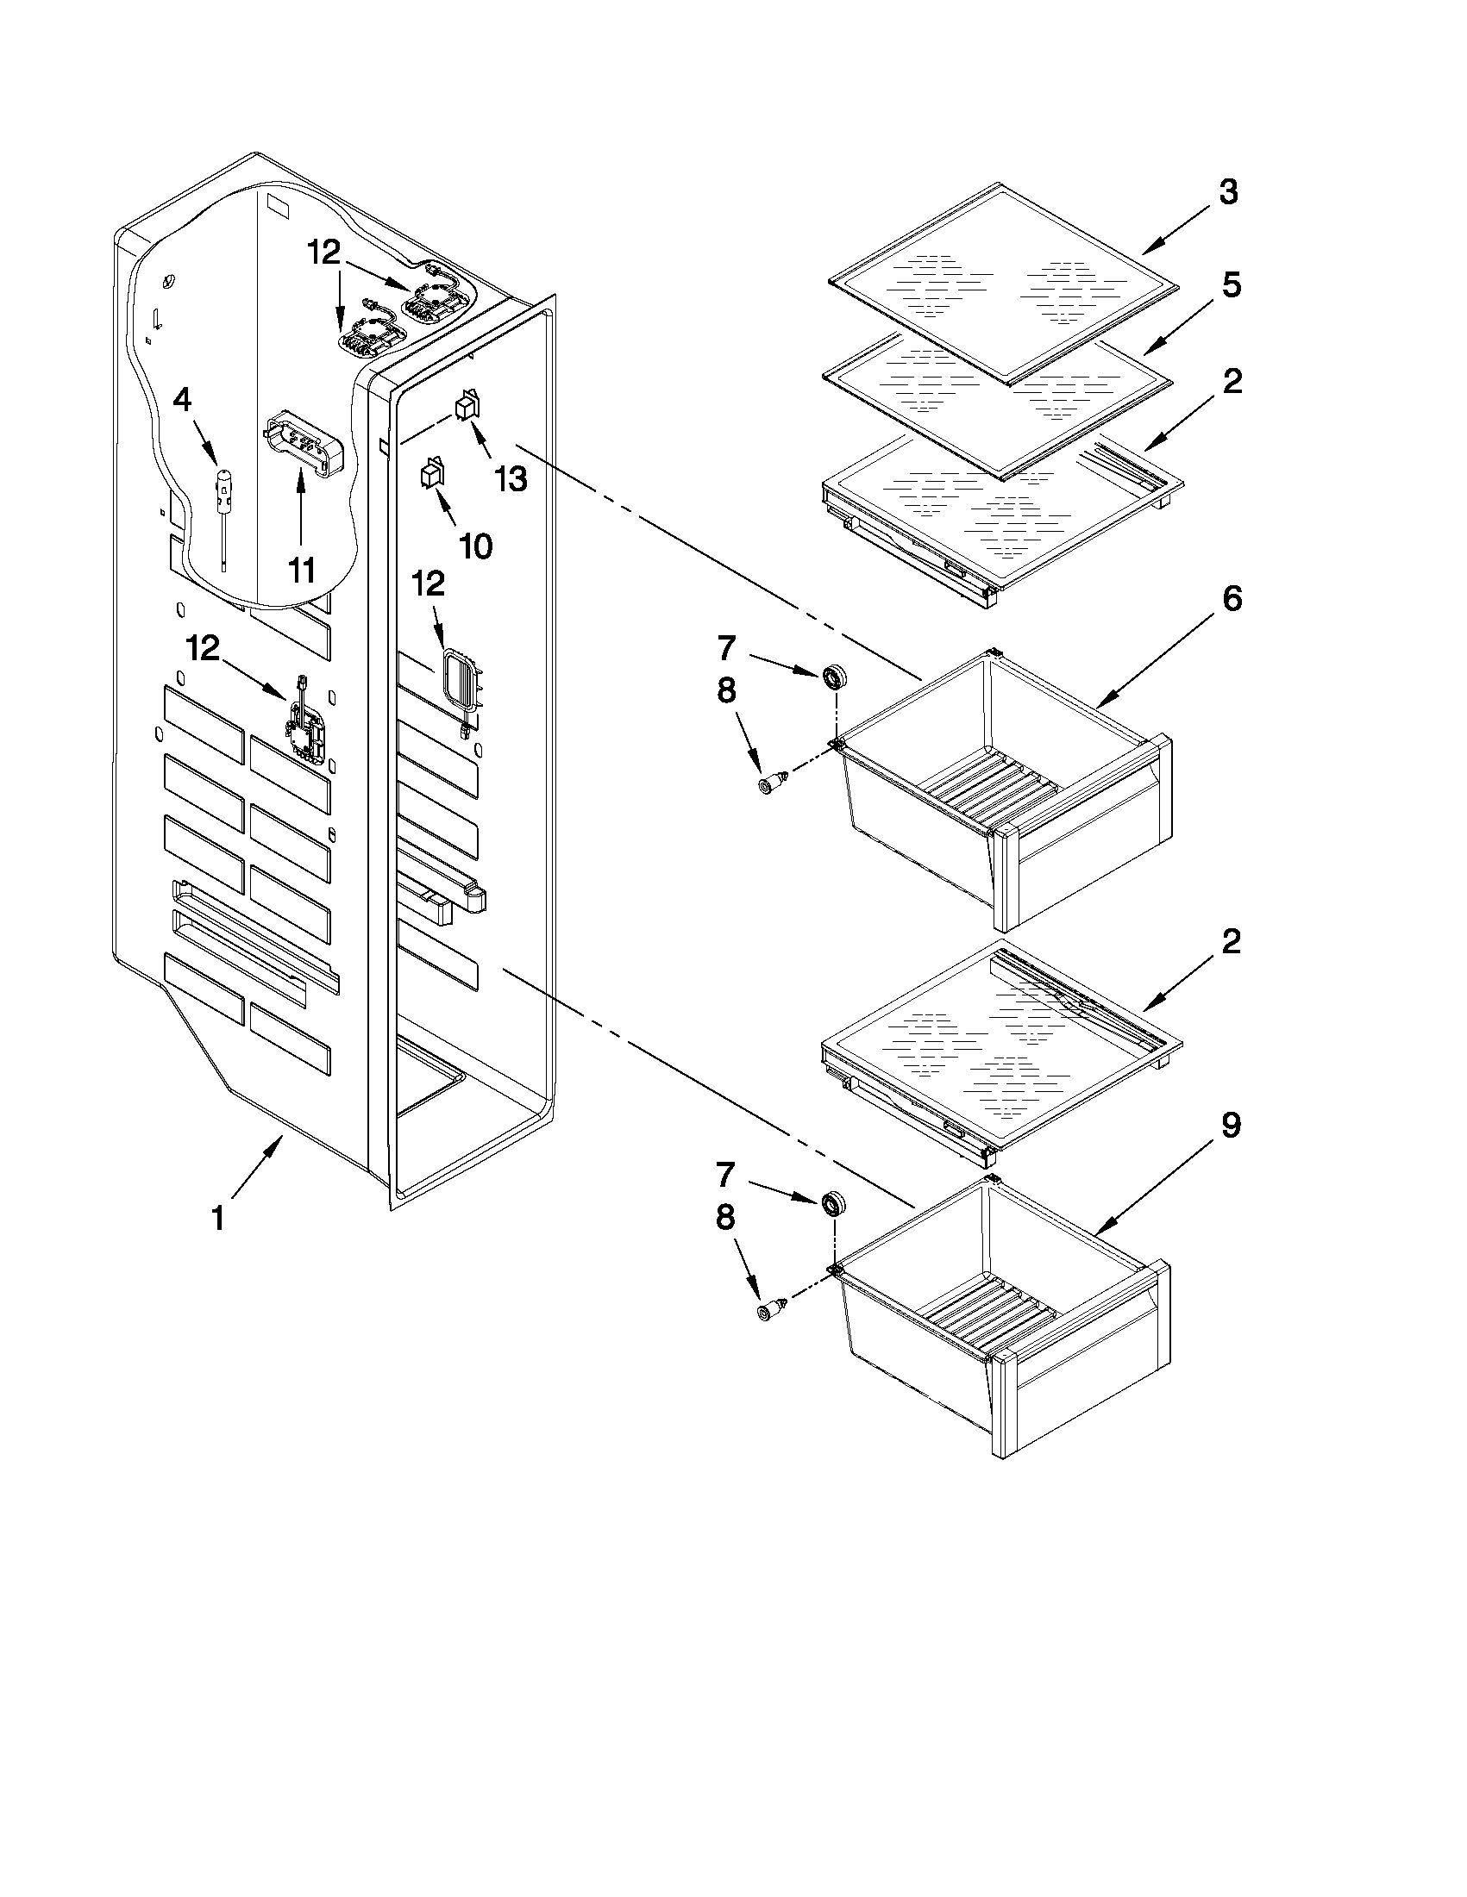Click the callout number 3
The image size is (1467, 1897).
coord(1227,193)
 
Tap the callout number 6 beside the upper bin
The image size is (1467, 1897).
coord(1232,599)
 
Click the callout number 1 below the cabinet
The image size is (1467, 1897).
coord(219,1218)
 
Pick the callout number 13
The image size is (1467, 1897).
coord(511,478)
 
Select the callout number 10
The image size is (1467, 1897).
coord(475,546)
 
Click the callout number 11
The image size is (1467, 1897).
coord(301,571)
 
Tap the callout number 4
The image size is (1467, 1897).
coord(183,401)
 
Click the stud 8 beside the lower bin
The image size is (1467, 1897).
coord(772,1312)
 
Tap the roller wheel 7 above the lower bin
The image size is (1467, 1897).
coord(834,1203)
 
